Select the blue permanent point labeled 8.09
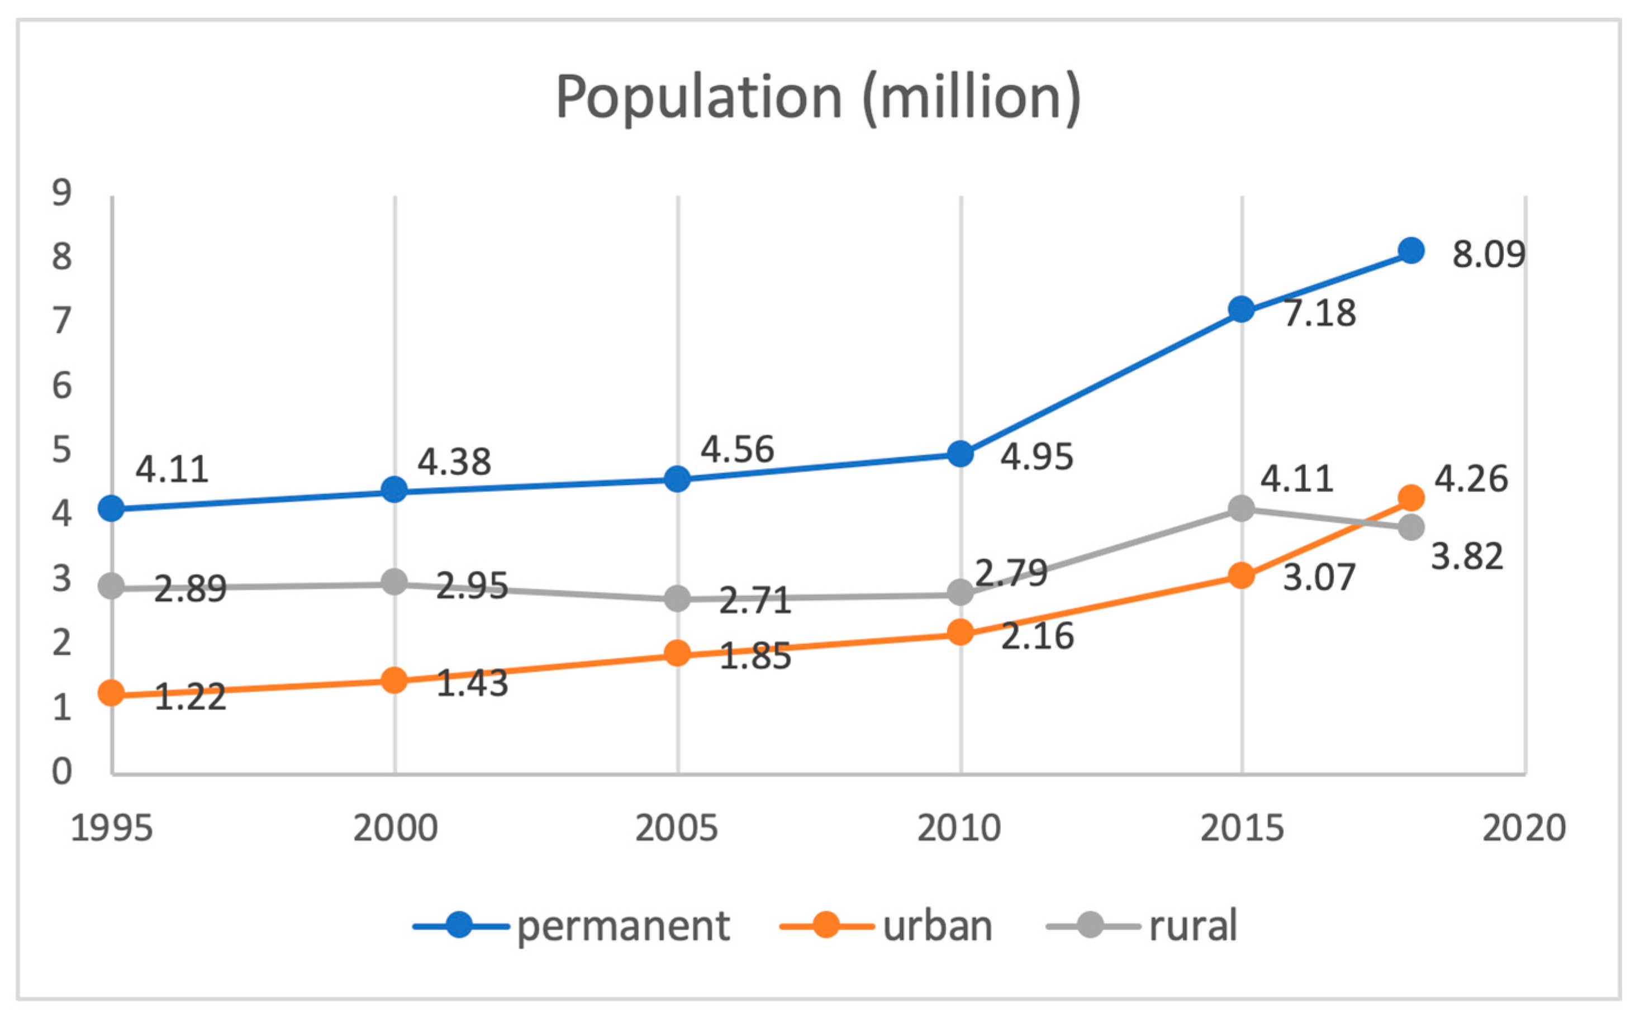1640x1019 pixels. [x=1411, y=251]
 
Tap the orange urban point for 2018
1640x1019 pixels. [x=1411, y=498]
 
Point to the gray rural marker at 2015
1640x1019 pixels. [x=1241, y=509]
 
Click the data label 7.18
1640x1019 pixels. [x=1319, y=313]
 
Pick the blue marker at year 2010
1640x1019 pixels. [x=960, y=454]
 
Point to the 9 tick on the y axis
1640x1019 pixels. [x=61, y=193]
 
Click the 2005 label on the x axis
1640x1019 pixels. [x=677, y=828]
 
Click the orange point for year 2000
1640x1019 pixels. [x=394, y=680]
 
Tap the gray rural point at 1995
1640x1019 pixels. [x=111, y=587]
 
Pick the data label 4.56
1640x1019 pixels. [x=737, y=450]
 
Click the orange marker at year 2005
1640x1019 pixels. [x=677, y=654]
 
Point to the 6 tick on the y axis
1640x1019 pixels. [x=61, y=386]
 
